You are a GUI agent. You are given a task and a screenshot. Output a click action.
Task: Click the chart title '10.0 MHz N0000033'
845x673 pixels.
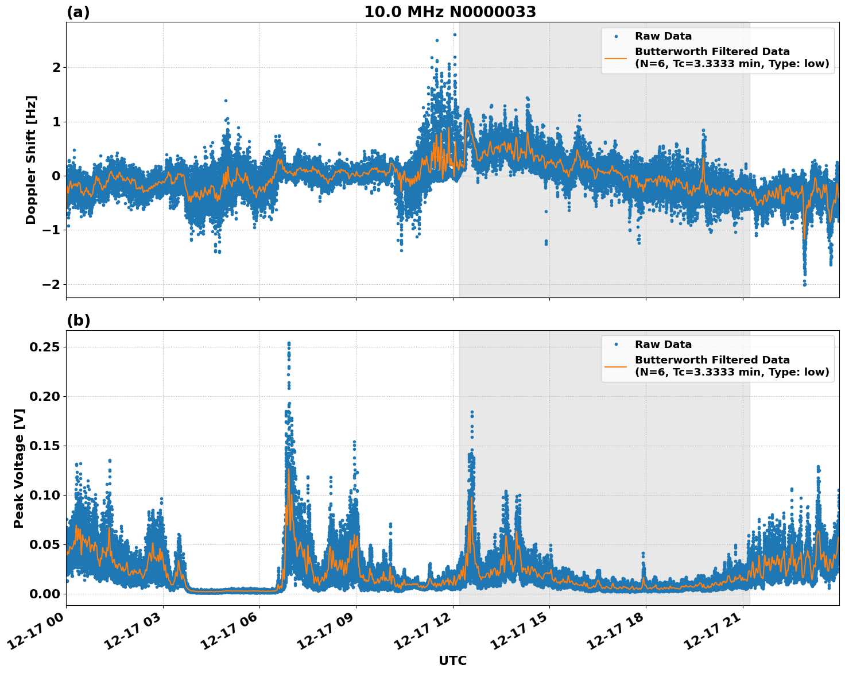click(x=450, y=12)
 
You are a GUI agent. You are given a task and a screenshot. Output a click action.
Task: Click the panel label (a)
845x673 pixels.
click(x=78, y=12)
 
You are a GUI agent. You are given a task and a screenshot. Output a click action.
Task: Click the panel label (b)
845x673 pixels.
click(x=78, y=320)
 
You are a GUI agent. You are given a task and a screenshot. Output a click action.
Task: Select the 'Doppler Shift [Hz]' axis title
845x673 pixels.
click(x=31, y=160)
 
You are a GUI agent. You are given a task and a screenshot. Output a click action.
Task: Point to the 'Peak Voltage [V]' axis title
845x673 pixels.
click(x=19, y=468)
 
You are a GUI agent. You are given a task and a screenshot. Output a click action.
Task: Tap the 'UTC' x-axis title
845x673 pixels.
click(x=452, y=661)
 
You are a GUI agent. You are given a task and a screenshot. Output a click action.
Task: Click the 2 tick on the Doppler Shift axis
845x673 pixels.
click(x=56, y=67)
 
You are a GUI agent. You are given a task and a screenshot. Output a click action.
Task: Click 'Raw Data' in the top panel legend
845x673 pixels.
click(x=663, y=37)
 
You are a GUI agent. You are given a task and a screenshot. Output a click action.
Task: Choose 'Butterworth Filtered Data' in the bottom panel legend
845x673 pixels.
click(x=712, y=360)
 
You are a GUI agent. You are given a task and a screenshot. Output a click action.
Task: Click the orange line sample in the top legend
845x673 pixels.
click(x=615, y=57)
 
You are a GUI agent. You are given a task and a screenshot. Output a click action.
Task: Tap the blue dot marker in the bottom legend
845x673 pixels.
click(x=615, y=345)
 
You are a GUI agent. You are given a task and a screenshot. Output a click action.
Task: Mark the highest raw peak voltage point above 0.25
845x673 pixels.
click(x=289, y=343)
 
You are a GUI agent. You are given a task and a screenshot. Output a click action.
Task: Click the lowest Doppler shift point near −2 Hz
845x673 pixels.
click(x=804, y=284)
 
